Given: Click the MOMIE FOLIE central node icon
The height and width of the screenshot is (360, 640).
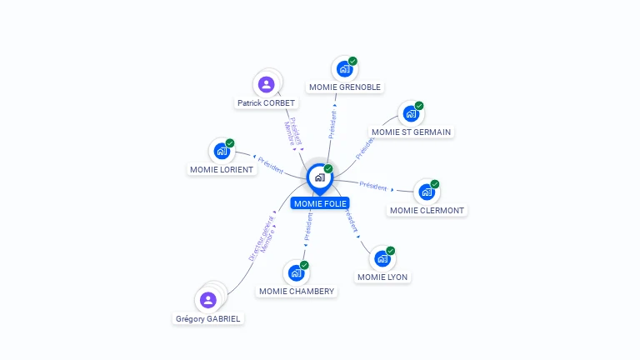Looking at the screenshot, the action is point(319,177).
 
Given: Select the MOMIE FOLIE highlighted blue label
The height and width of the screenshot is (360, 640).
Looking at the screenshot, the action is point(320,203).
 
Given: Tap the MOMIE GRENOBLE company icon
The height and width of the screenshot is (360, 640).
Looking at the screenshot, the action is point(344,69).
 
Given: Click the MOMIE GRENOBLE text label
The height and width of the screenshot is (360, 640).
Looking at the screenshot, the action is point(345,87).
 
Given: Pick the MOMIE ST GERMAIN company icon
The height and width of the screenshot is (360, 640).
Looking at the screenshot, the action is point(411,113).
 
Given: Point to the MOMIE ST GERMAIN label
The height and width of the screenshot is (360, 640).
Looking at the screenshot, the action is point(412,132).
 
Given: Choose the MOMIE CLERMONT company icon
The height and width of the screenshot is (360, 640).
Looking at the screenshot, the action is point(427,192).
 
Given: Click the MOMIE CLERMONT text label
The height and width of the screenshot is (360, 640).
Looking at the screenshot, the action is point(427,210).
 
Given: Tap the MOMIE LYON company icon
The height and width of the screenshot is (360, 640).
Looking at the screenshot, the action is point(382,258).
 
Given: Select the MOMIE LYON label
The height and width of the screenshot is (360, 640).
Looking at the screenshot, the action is point(382,277).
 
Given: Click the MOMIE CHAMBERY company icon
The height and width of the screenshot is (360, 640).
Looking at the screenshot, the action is point(296,272).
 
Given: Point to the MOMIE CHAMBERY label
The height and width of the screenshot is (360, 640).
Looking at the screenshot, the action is point(297,291).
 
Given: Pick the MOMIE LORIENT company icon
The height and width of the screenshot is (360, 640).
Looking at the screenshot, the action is point(222,151).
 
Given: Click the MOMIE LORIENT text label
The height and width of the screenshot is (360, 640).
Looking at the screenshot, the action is point(222,169).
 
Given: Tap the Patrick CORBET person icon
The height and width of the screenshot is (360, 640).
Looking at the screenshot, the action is point(266,84).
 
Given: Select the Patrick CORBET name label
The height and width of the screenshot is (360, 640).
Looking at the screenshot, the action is point(266,103).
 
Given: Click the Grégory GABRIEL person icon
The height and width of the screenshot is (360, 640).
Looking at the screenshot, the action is point(208,299).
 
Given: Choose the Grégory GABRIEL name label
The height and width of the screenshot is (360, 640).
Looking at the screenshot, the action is point(208,318).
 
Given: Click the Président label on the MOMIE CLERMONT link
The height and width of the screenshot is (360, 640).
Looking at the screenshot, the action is point(373,185).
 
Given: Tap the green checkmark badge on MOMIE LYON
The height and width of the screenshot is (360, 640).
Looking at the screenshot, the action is point(390,251).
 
